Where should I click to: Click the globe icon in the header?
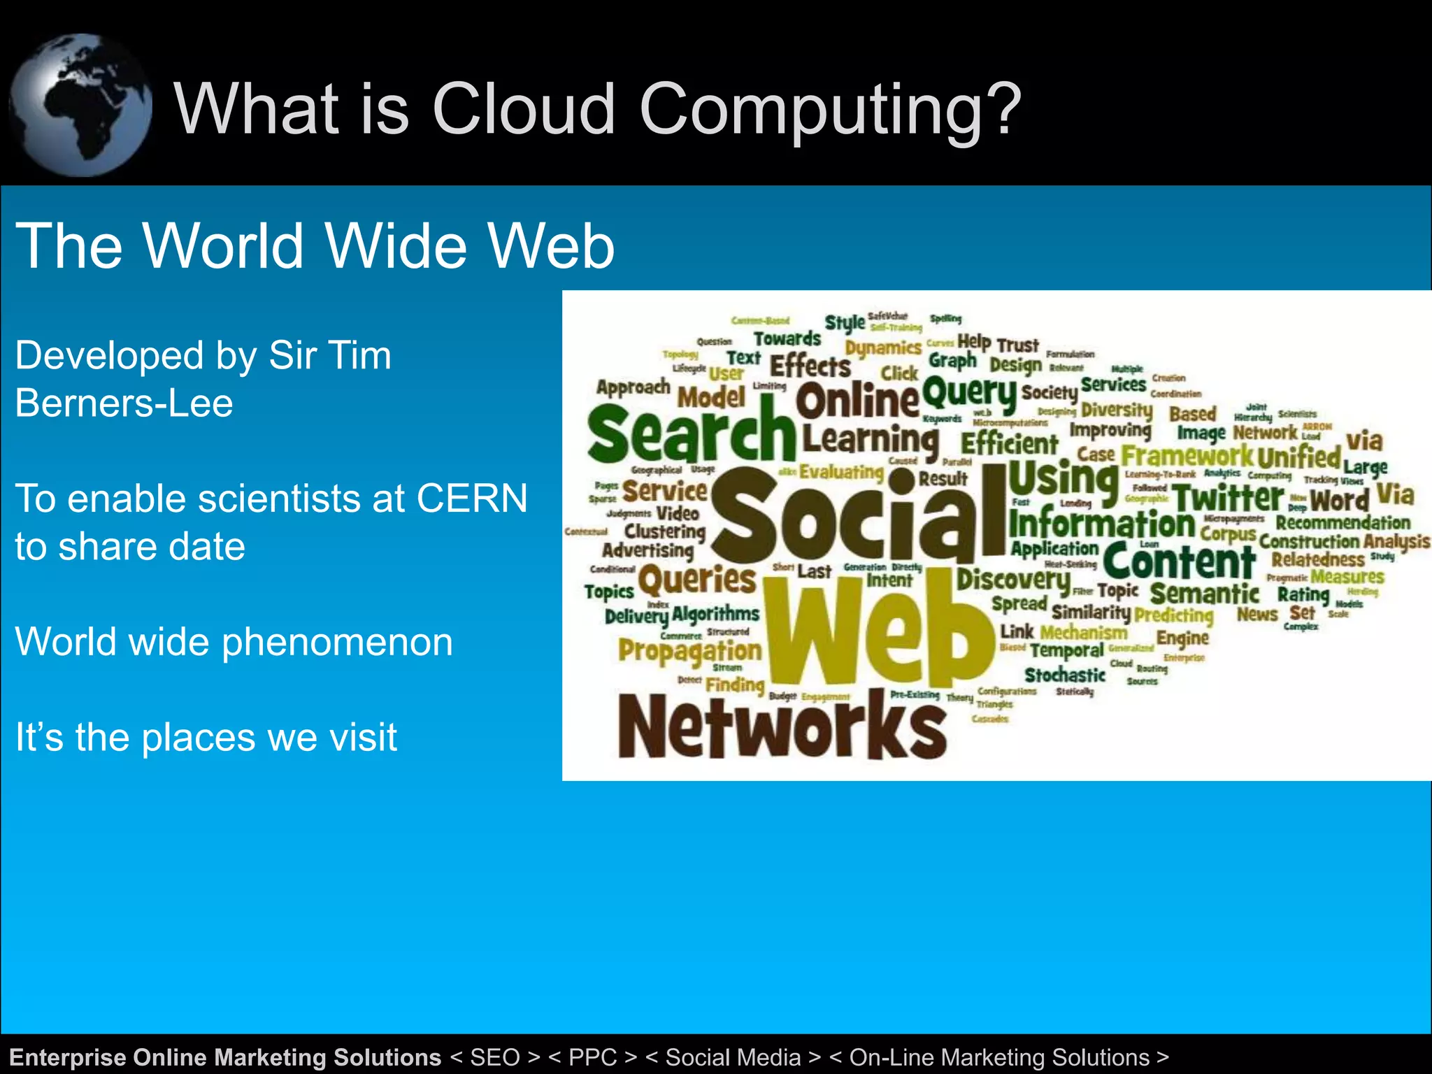point(80,105)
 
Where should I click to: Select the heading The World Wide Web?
point(315,245)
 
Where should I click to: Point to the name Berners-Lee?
point(124,403)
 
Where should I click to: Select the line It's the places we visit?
point(206,737)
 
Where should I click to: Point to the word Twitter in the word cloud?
point(1228,499)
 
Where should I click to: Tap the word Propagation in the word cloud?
point(689,650)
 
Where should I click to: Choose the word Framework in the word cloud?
point(1187,456)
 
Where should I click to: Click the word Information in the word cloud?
point(1101,524)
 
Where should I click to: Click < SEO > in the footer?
point(495,1057)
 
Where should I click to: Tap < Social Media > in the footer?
point(732,1057)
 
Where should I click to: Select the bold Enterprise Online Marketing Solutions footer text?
point(225,1057)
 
